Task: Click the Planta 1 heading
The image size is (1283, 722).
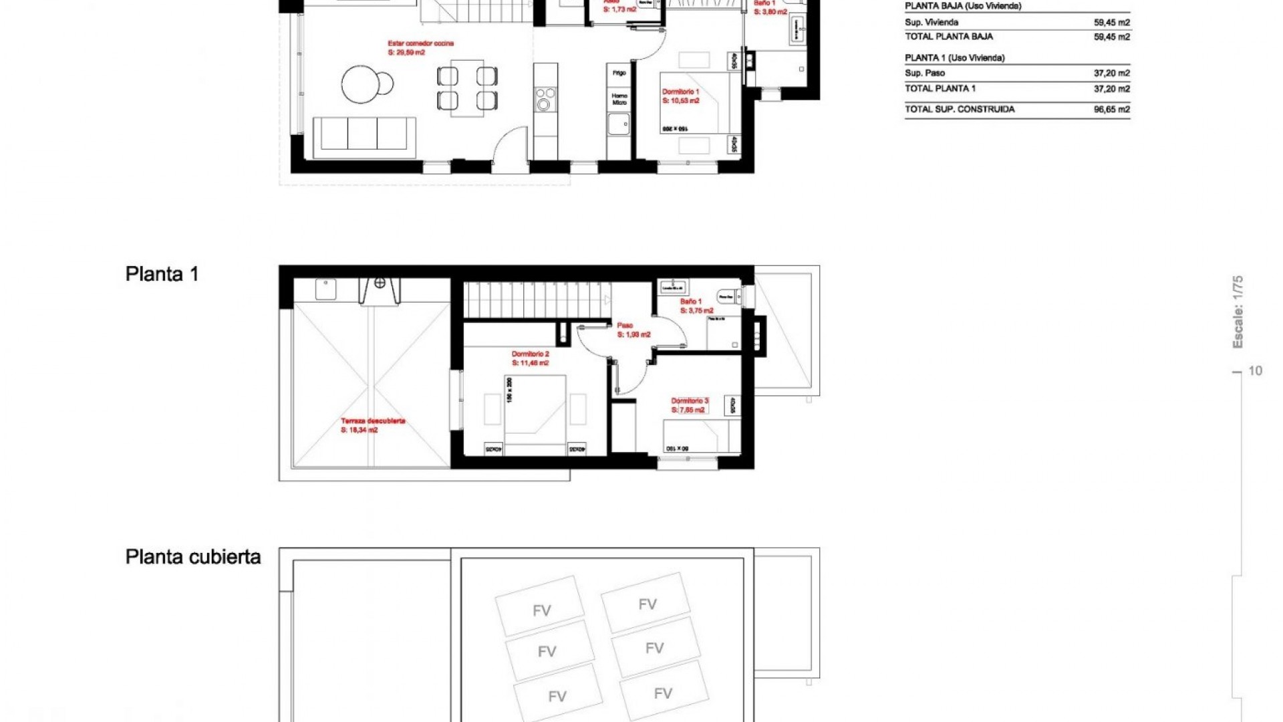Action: [x=162, y=274]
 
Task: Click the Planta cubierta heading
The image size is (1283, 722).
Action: [x=192, y=557]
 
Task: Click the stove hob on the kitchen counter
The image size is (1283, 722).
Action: [x=545, y=99]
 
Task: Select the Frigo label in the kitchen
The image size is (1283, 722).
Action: [x=619, y=73]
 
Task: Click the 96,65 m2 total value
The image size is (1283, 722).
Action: [x=1111, y=110]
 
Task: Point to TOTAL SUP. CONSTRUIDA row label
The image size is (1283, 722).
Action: [x=959, y=110]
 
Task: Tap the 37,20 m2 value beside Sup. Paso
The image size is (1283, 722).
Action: [x=1111, y=74]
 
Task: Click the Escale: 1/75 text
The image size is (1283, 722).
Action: [x=1238, y=312]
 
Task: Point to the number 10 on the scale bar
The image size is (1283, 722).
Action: [x=1255, y=371]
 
